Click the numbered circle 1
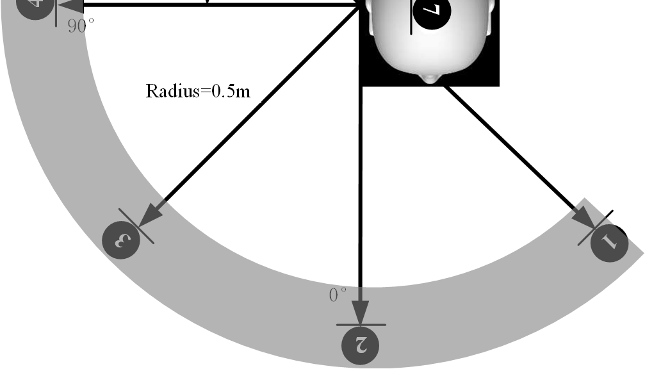(x=608, y=243)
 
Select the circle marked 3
(x=121, y=240)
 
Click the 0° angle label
(x=338, y=295)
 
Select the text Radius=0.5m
(x=198, y=91)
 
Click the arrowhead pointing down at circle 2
(x=361, y=314)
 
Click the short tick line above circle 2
(x=361, y=325)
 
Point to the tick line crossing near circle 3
(x=136, y=226)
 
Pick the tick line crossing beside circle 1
(x=596, y=227)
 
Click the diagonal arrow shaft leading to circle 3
(x=256, y=109)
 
